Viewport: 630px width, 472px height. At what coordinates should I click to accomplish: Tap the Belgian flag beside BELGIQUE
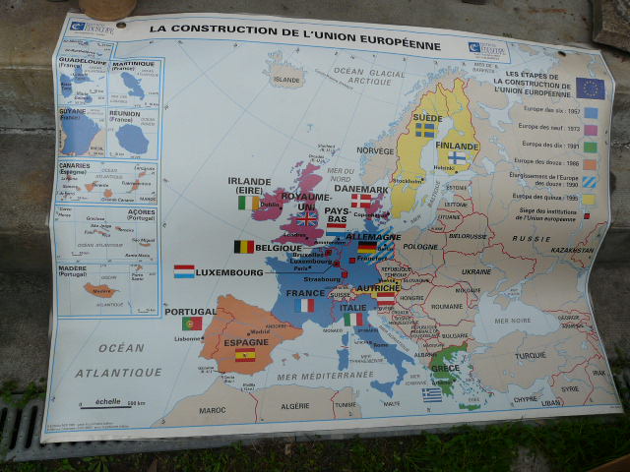pos(243,247)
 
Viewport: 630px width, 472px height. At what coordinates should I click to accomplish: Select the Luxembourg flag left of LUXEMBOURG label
pos(184,270)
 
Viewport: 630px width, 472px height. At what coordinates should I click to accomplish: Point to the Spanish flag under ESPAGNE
pos(245,354)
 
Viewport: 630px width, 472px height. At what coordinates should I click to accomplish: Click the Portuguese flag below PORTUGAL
pos(192,323)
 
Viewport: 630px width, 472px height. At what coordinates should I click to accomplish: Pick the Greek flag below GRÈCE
pos(432,394)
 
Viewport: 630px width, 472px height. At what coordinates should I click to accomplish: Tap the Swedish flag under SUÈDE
pos(425,129)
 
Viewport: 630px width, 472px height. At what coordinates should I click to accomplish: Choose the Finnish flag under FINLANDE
pos(457,157)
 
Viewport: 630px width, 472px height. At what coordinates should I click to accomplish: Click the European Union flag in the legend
pos(590,88)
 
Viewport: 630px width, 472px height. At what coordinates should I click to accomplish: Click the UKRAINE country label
pos(476,271)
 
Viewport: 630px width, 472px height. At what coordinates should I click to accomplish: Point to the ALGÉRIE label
pos(295,405)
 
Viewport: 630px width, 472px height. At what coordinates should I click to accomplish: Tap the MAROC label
pos(212,409)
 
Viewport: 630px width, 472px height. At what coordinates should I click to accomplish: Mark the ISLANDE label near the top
pos(287,81)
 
